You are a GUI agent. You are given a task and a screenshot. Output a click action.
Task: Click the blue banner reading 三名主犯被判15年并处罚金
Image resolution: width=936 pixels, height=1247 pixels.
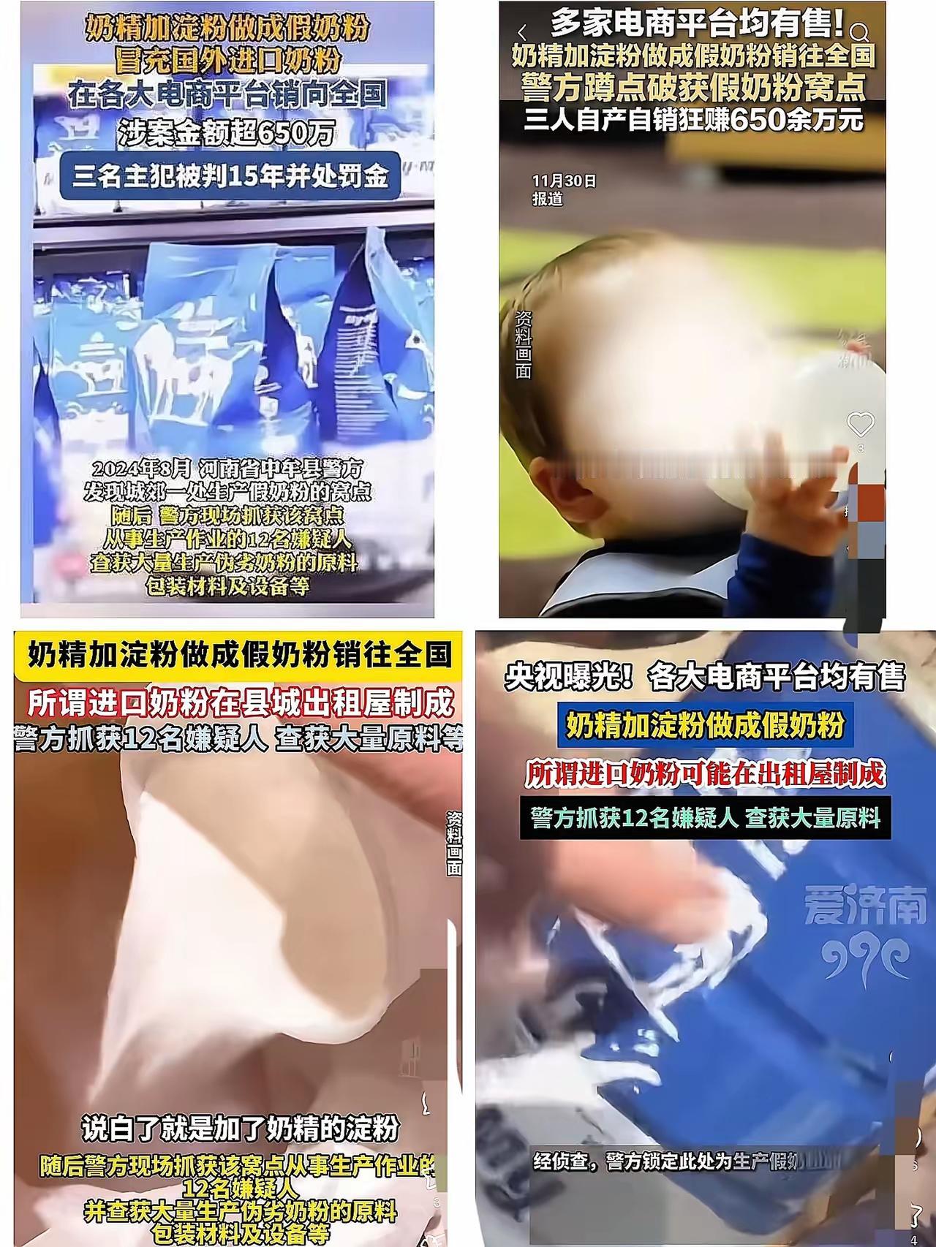(230, 176)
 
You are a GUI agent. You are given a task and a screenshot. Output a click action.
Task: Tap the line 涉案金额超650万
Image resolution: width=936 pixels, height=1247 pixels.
(227, 132)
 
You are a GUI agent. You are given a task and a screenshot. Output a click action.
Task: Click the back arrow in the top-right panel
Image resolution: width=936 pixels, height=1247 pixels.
(522, 33)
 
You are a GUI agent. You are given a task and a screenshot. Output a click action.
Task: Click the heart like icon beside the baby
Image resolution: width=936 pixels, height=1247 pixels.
(860, 424)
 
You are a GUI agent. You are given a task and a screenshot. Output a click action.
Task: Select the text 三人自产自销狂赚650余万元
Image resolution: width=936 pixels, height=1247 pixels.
(692, 119)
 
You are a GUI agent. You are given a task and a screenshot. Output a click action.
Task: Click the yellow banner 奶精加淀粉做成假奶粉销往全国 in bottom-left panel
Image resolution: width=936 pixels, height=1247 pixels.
(239, 653)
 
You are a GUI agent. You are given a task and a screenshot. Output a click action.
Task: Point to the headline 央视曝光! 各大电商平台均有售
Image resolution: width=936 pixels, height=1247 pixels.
(704, 677)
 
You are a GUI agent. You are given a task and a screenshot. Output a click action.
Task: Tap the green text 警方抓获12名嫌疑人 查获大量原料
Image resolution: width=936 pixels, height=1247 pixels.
(706, 818)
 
